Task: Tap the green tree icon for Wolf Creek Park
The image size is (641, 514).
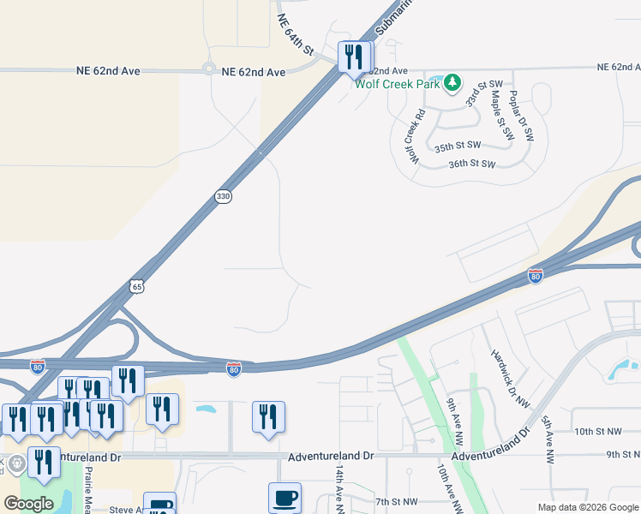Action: coord(452,83)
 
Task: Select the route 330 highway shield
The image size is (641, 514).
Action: coord(223,197)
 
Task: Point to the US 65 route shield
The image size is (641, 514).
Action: coord(137,286)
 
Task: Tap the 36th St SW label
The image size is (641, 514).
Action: coord(472,164)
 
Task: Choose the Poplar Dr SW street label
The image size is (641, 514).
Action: coord(521,116)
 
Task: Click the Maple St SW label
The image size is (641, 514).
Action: coord(501,116)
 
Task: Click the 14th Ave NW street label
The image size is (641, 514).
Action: coord(339,489)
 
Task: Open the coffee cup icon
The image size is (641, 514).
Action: coord(285,497)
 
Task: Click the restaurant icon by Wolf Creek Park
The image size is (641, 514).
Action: coord(354,57)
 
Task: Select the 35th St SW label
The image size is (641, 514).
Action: coord(454,147)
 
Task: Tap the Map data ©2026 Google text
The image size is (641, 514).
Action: coord(588,507)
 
